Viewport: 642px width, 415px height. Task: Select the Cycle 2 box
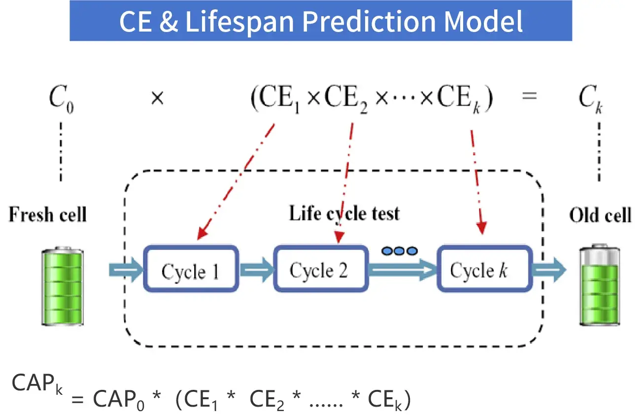(x=320, y=270)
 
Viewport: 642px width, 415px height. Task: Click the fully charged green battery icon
(x=63, y=286)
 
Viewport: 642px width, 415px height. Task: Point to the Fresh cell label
(x=48, y=215)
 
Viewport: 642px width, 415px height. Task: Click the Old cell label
(x=600, y=215)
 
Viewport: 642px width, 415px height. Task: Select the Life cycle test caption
(x=344, y=213)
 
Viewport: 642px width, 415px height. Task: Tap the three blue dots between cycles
(x=399, y=251)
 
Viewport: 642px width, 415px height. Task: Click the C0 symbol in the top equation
(x=61, y=101)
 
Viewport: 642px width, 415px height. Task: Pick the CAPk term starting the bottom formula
(x=37, y=383)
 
